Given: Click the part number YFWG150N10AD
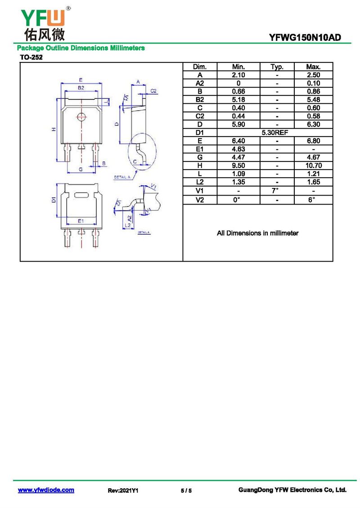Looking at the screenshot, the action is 305,38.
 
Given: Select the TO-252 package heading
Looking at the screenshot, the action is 31,58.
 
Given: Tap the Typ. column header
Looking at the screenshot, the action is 277,67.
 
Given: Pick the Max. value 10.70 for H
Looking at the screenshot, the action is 313,165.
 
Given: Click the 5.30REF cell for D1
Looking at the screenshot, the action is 274,133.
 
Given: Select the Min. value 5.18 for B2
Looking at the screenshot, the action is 238,100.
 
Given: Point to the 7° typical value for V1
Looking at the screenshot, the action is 275,191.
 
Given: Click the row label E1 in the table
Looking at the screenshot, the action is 200,149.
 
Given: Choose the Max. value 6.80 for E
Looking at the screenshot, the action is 313,141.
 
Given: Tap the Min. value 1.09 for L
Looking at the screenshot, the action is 238,174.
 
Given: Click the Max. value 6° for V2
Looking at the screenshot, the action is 311,200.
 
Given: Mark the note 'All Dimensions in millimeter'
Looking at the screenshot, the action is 258,233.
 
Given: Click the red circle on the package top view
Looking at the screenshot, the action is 81,116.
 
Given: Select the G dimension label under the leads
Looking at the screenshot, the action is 81,169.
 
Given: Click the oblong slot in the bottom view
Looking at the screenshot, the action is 81,195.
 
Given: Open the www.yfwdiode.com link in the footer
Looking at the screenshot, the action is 46,490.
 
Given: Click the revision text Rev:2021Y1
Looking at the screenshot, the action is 123,490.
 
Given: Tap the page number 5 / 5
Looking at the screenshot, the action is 186,490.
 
